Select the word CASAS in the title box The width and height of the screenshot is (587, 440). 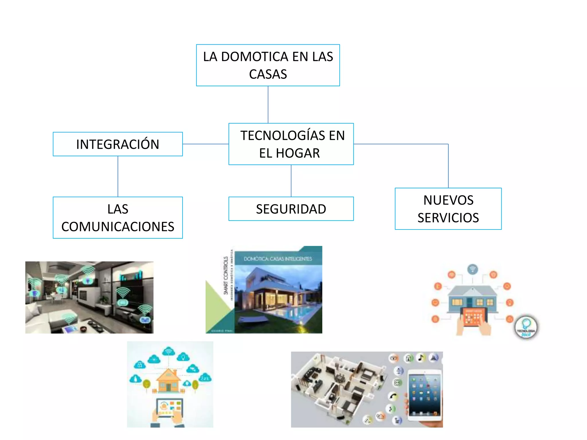[x=268, y=74]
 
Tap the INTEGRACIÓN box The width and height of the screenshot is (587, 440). [x=118, y=144]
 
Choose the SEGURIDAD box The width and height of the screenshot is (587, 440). [x=291, y=209]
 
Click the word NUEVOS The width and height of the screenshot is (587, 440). [x=448, y=200]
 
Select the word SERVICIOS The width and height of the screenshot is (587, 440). [x=448, y=218]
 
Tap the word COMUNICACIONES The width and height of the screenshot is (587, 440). [x=118, y=227]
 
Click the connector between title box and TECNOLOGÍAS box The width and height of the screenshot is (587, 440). [x=268, y=105]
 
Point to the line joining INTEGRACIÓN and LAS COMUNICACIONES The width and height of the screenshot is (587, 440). [x=118, y=176]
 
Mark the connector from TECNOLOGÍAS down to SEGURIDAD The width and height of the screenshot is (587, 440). [x=291, y=181]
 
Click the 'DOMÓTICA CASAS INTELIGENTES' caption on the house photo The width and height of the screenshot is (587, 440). [x=277, y=259]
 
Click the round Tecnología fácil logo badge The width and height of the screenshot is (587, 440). [x=526, y=327]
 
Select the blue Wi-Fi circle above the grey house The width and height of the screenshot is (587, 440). [x=472, y=269]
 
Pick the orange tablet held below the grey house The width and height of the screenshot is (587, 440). [x=473, y=317]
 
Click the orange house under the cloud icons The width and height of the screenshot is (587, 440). [x=169, y=381]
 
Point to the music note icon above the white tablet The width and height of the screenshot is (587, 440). [x=421, y=357]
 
